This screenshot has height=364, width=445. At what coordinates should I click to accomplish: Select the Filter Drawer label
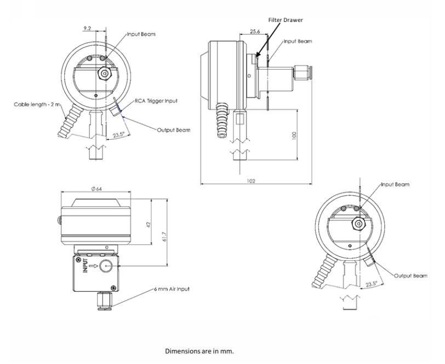285,20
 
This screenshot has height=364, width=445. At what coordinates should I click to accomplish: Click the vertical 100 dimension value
294,135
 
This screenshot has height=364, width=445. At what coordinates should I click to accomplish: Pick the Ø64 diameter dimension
96,190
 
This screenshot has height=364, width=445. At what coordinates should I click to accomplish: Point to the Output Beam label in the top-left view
173,130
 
